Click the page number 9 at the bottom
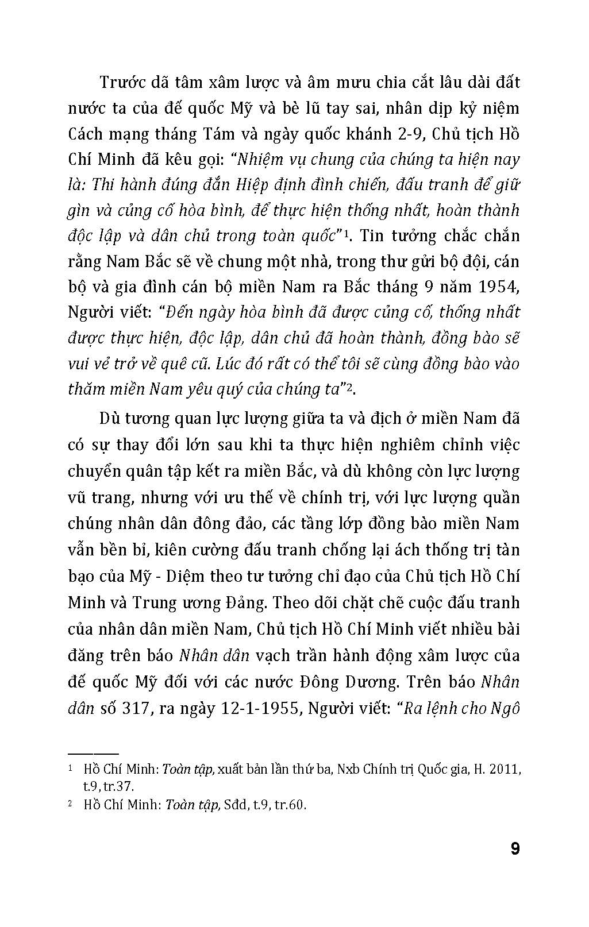[514, 848]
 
